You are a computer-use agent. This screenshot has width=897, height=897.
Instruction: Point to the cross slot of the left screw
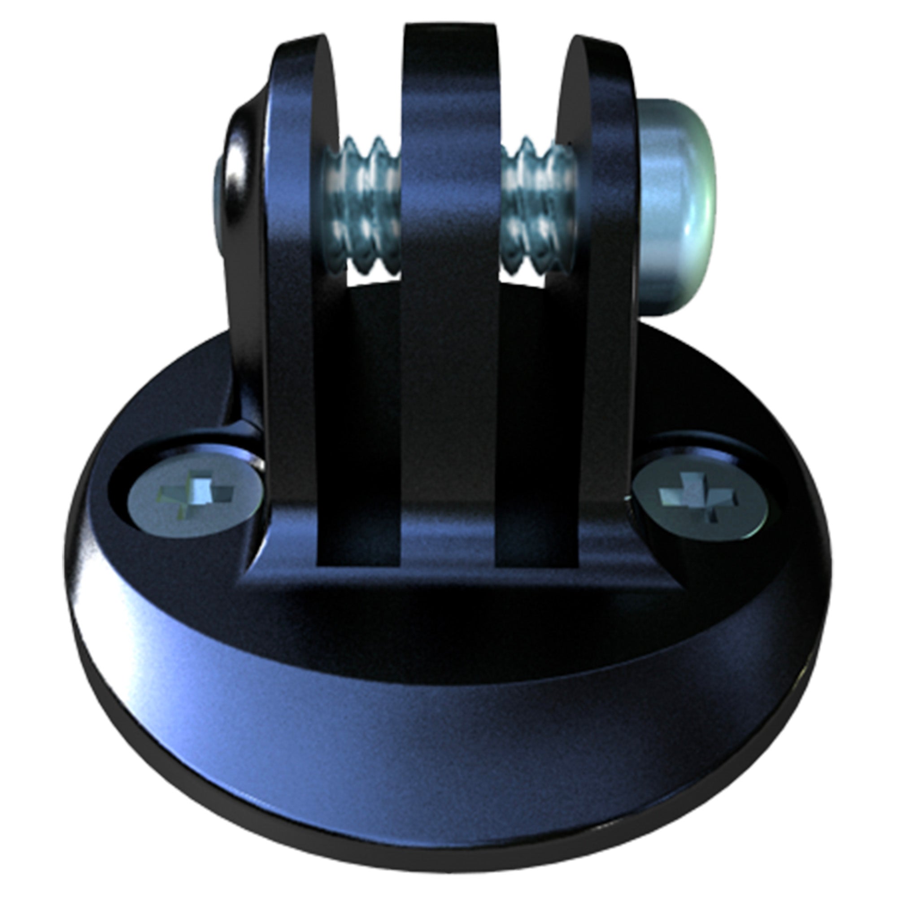pos(200,493)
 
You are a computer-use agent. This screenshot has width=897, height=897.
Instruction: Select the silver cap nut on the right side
pos(675,204)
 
